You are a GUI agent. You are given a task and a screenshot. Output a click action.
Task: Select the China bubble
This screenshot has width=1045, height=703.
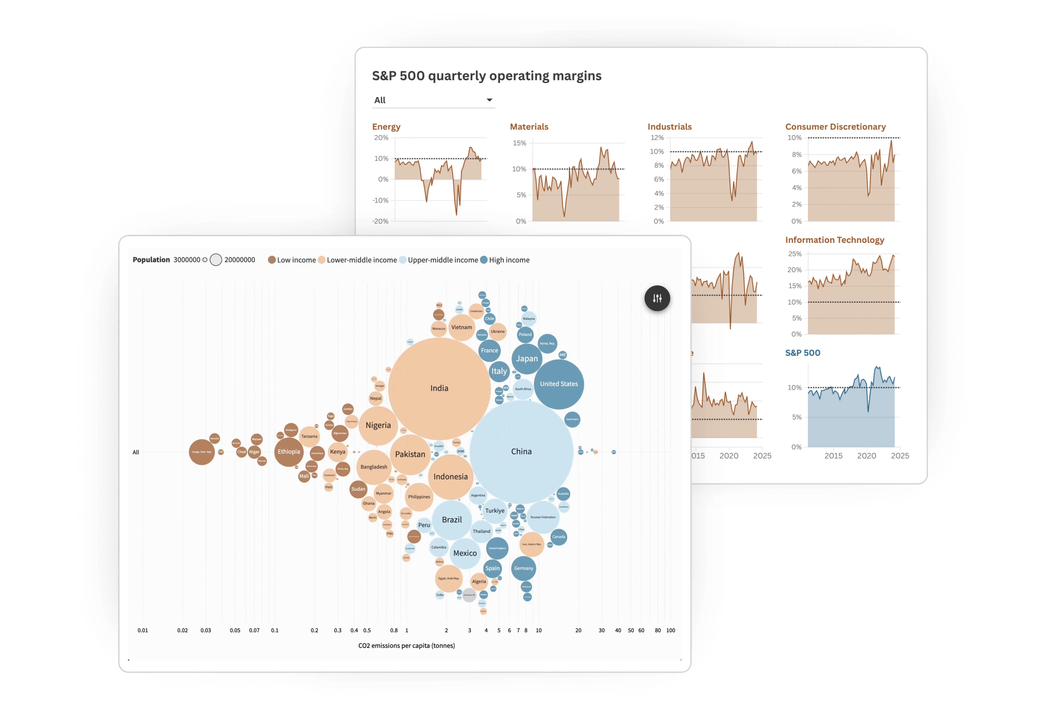point(521,452)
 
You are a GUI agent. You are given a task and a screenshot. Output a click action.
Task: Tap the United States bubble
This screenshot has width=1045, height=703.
point(559,384)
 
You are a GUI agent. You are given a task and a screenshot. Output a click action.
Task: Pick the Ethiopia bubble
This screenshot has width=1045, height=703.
point(288,452)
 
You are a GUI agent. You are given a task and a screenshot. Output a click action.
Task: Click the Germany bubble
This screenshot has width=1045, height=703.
point(523,568)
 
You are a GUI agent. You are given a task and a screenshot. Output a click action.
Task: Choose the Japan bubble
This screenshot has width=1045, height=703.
point(527,359)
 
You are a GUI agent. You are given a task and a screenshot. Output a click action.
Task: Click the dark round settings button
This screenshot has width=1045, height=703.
point(657,298)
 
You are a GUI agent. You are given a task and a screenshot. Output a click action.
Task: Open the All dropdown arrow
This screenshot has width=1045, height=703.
point(489,100)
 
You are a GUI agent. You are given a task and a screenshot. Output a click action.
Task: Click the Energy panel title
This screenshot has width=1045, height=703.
point(386,127)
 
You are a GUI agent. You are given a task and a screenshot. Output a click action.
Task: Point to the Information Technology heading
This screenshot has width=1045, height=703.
point(834,240)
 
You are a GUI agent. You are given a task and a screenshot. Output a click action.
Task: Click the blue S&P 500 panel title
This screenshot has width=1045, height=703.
point(802,353)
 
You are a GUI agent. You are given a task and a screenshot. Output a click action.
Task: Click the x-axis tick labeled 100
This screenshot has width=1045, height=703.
point(670,630)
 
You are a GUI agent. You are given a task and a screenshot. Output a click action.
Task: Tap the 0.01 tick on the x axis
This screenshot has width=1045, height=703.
point(143,630)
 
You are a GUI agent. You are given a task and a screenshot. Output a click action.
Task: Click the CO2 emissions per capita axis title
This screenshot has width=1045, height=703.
point(406,646)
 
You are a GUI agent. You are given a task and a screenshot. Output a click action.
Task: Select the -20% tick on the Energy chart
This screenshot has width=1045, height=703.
point(380,221)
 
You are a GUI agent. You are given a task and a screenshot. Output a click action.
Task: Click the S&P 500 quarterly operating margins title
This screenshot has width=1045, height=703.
point(486,76)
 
